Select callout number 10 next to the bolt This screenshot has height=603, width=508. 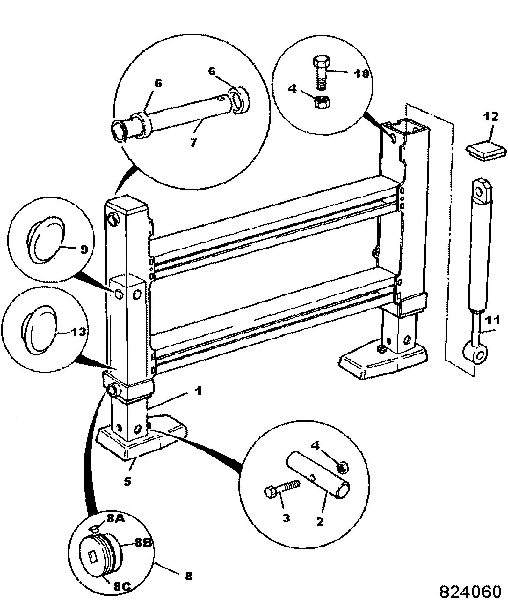(x=361, y=74)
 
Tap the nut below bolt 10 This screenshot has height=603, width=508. (x=322, y=102)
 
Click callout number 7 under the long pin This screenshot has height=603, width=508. (x=193, y=142)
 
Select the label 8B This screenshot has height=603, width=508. (x=142, y=542)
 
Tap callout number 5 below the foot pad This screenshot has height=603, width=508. (x=127, y=481)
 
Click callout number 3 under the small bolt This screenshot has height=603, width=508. (x=286, y=518)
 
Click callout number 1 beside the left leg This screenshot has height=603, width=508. (x=198, y=391)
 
